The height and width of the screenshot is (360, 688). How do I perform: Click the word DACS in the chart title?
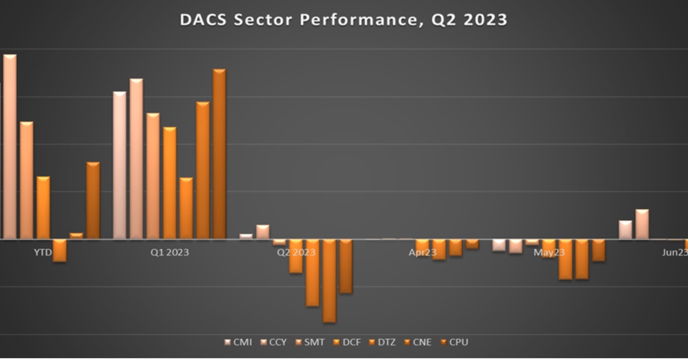point(203,20)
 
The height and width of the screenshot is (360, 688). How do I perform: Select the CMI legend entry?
point(239,342)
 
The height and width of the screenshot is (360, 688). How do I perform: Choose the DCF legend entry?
point(347,342)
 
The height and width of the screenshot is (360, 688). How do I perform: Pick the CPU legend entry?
point(454,342)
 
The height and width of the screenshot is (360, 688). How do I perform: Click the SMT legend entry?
point(310,342)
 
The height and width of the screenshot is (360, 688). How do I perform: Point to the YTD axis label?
point(43,252)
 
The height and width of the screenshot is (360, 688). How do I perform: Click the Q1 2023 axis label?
point(170,252)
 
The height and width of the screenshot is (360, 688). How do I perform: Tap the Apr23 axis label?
point(423,252)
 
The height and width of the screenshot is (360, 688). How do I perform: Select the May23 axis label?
point(549,252)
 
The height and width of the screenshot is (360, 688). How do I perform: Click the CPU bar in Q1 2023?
point(219,154)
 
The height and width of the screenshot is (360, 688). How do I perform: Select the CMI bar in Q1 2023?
point(119,165)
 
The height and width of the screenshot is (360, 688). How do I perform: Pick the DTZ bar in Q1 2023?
point(186,208)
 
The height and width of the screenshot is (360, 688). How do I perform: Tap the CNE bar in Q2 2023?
point(329,281)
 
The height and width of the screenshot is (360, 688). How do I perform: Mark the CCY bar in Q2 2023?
point(263,232)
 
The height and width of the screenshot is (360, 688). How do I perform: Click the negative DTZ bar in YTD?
point(60,251)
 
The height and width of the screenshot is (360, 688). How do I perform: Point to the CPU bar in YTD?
point(93,201)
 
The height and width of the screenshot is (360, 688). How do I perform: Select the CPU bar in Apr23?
point(472,244)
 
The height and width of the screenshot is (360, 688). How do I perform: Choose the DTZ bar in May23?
point(565,260)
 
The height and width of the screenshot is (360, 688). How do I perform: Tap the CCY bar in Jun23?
point(642,224)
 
